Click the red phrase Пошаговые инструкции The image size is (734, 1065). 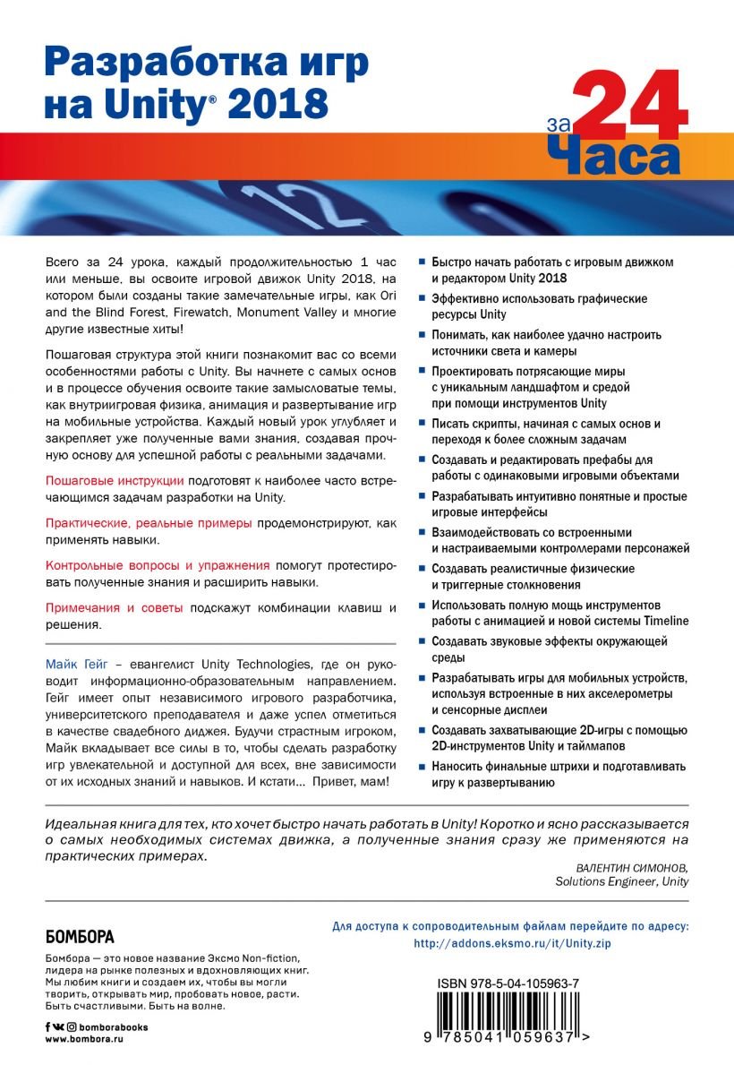coord(115,481)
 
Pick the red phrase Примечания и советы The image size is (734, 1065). coord(114,608)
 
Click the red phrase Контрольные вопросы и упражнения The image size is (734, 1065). coord(157,566)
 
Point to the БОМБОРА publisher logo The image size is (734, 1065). coord(80,938)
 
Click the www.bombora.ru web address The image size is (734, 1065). coord(82,1038)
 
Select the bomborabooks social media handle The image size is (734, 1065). coord(114,1026)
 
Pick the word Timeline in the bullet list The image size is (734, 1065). coord(663,622)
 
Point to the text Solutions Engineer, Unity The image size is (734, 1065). coord(621,881)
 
